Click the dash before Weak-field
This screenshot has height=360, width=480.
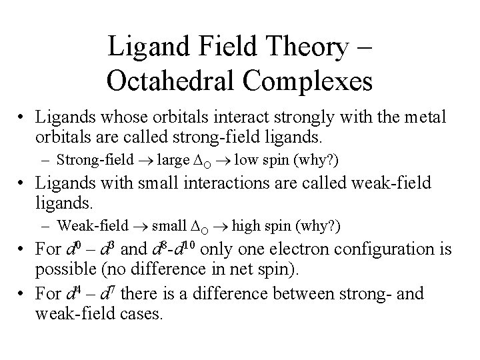coord(47,227)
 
